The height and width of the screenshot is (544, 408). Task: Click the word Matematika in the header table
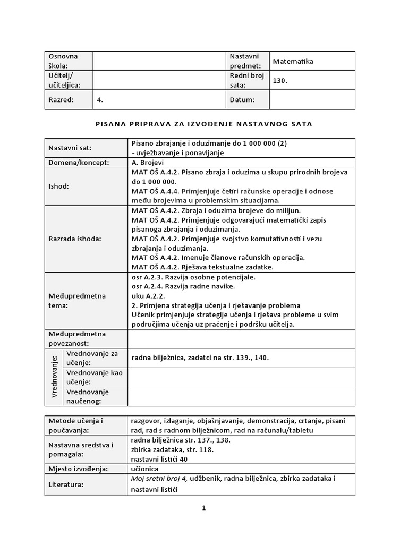click(x=293, y=61)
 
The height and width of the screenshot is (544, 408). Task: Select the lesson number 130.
click(x=280, y=81)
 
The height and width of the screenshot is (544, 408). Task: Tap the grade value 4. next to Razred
click(x=100, y=99)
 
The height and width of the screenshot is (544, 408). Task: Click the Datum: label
click(x=242, y=99)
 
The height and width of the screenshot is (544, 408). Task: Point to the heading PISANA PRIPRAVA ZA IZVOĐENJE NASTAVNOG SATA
click(x=203, y=124)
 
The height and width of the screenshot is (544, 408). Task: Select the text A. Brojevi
click(x=148, y=163)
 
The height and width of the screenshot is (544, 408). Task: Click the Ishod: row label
click(x=58, y=186)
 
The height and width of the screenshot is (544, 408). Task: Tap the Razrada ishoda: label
click(x=74, y=239)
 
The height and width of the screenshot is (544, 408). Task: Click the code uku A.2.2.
click(x=148, y=296)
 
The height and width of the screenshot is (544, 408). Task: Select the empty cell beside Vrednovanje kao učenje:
click(x=241, y=377)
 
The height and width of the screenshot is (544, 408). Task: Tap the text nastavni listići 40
click(x=159, y=459)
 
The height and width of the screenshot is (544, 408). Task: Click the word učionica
click(x=145, y=469)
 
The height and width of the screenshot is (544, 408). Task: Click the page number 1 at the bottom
click(x=203, y=508)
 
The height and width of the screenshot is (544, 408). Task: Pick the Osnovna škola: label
click(x=63, y=61)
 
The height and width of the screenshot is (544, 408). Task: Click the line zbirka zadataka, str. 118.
click(x=165, y=449)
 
